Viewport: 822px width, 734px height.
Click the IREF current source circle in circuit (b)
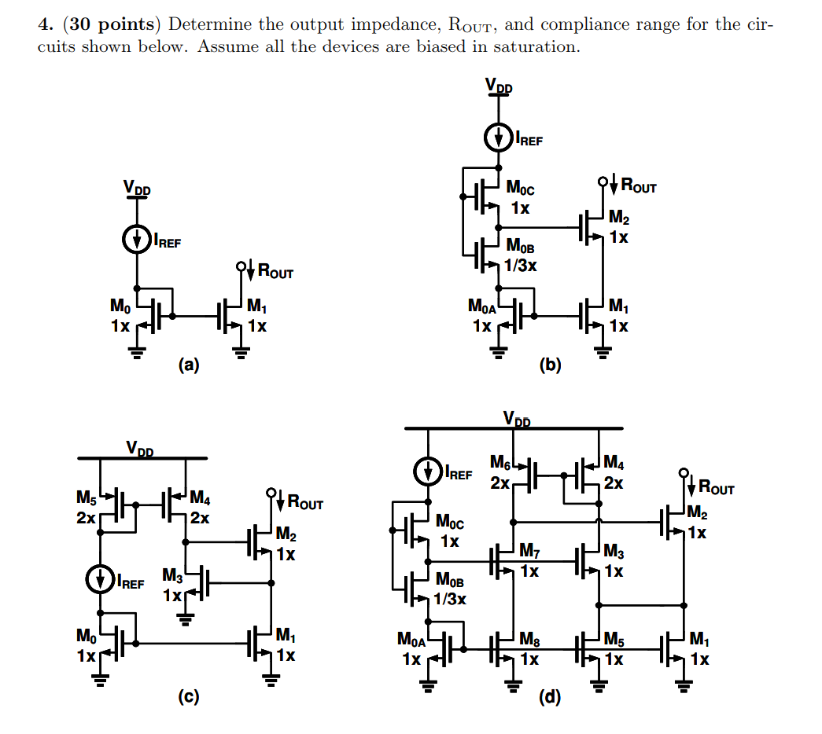pos(499,139)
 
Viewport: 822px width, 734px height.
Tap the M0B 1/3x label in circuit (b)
pos(521,256)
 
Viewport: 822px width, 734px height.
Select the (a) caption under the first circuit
pos(189,364)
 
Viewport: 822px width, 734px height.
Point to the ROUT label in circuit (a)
pos(275,273)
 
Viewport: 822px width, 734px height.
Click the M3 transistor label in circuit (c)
pos(172,577)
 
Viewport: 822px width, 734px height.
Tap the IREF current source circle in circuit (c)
pos(101,582)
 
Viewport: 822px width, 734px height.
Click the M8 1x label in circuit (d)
pos(530,651)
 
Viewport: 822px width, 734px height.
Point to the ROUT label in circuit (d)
pos(716,488)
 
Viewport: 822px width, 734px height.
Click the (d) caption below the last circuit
pos(550,696)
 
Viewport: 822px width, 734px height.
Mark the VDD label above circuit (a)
pos(136,189)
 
